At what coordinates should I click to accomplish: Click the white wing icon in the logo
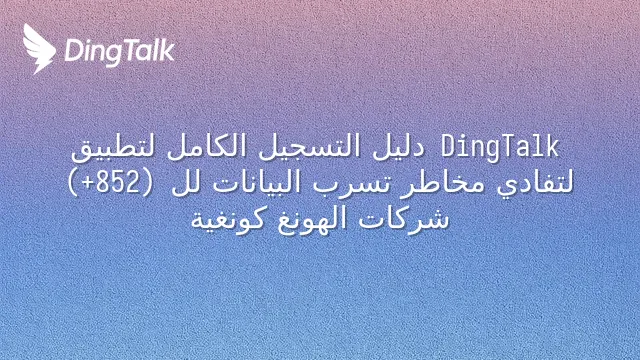click(x=39, y=49)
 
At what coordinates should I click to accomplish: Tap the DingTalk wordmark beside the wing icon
click(x=120, y=52)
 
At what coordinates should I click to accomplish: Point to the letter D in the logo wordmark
click(x=73, y=51)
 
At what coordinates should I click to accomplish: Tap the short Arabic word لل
click(x=184, y=183)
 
